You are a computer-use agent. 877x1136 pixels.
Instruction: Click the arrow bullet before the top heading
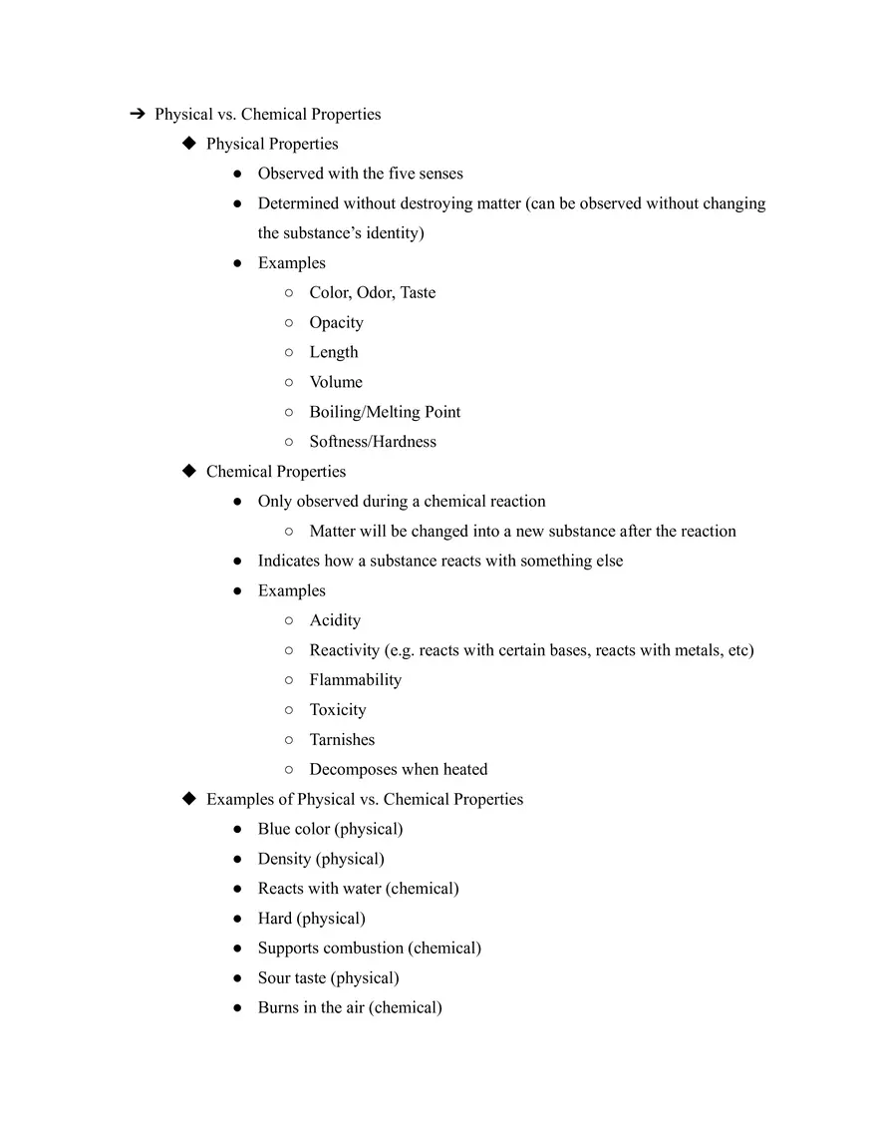click(x=138, y=115)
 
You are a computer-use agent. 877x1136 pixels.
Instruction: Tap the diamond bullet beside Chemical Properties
click(x=189, y=471)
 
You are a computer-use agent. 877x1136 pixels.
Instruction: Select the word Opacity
click(x=336, y=323)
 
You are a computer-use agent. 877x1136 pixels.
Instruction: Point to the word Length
click(x=333, y=352)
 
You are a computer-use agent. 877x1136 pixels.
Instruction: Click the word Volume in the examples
click(x=336, y=382)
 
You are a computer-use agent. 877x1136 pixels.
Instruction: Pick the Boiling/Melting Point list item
click(x=385, y=412)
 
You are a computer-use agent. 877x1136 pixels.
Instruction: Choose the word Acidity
click(x=335, y=620)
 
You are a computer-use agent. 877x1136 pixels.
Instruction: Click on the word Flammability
click(x=355, y=680)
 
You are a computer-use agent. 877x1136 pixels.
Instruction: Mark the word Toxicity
click(x=338, y=710)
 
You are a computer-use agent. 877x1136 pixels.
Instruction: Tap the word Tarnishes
click(x=342, y=740)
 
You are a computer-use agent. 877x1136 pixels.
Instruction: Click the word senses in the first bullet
click(x=440, y=174)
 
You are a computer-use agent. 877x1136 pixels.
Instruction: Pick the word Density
click(x=284, y=859)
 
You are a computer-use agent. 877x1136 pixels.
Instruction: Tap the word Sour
click(x=274, y=978)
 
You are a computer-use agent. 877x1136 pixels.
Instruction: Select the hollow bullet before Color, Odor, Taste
click(x=288, y=293)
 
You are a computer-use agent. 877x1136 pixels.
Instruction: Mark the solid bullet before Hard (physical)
click(x=237, y=919)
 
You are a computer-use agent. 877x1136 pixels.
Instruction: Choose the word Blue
click(x=274, y=829)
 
